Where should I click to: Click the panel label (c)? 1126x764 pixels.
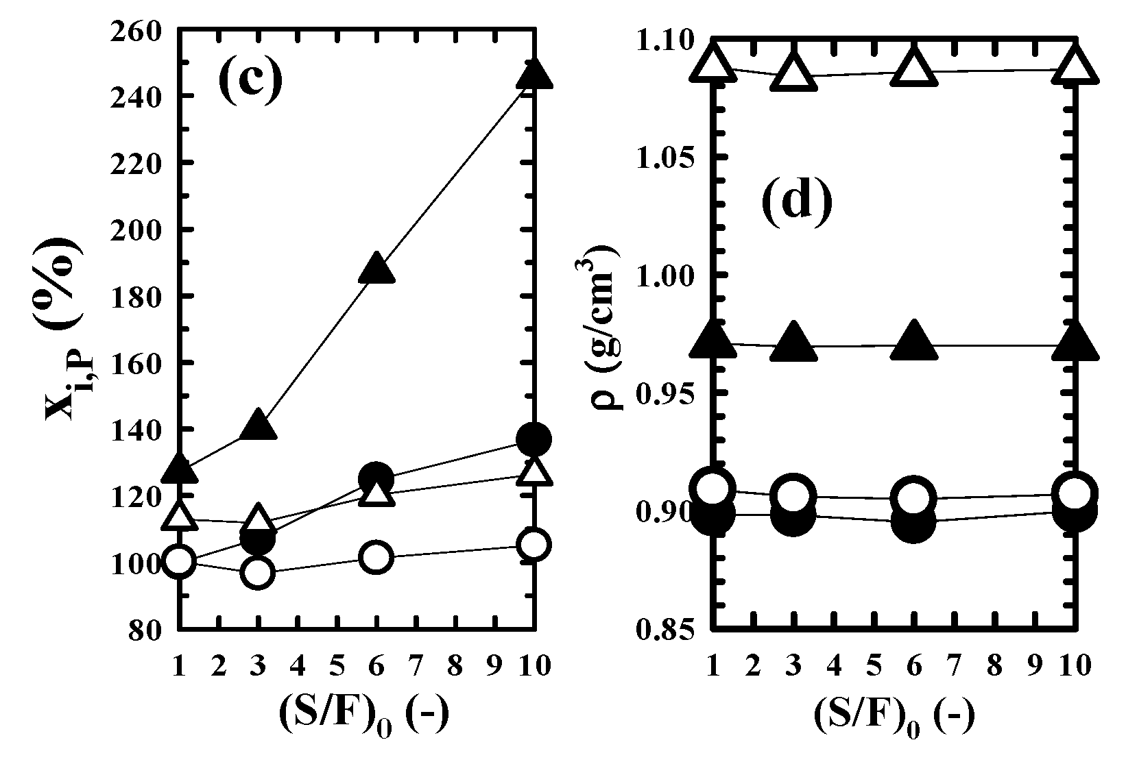[x=250, y=79]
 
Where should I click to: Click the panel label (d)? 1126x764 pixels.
[x=796, y=201]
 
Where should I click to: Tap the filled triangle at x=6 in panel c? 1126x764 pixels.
[x=376, y=269]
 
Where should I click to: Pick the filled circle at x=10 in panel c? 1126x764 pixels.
[x=534, y=439]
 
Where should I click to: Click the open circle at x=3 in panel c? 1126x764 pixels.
[x=258, y=573]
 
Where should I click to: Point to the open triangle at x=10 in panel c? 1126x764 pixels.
[x=534, y=471]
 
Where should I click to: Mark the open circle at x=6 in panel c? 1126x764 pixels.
[x=376, y=557]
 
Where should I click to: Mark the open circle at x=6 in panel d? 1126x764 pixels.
[x=913, y=498]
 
